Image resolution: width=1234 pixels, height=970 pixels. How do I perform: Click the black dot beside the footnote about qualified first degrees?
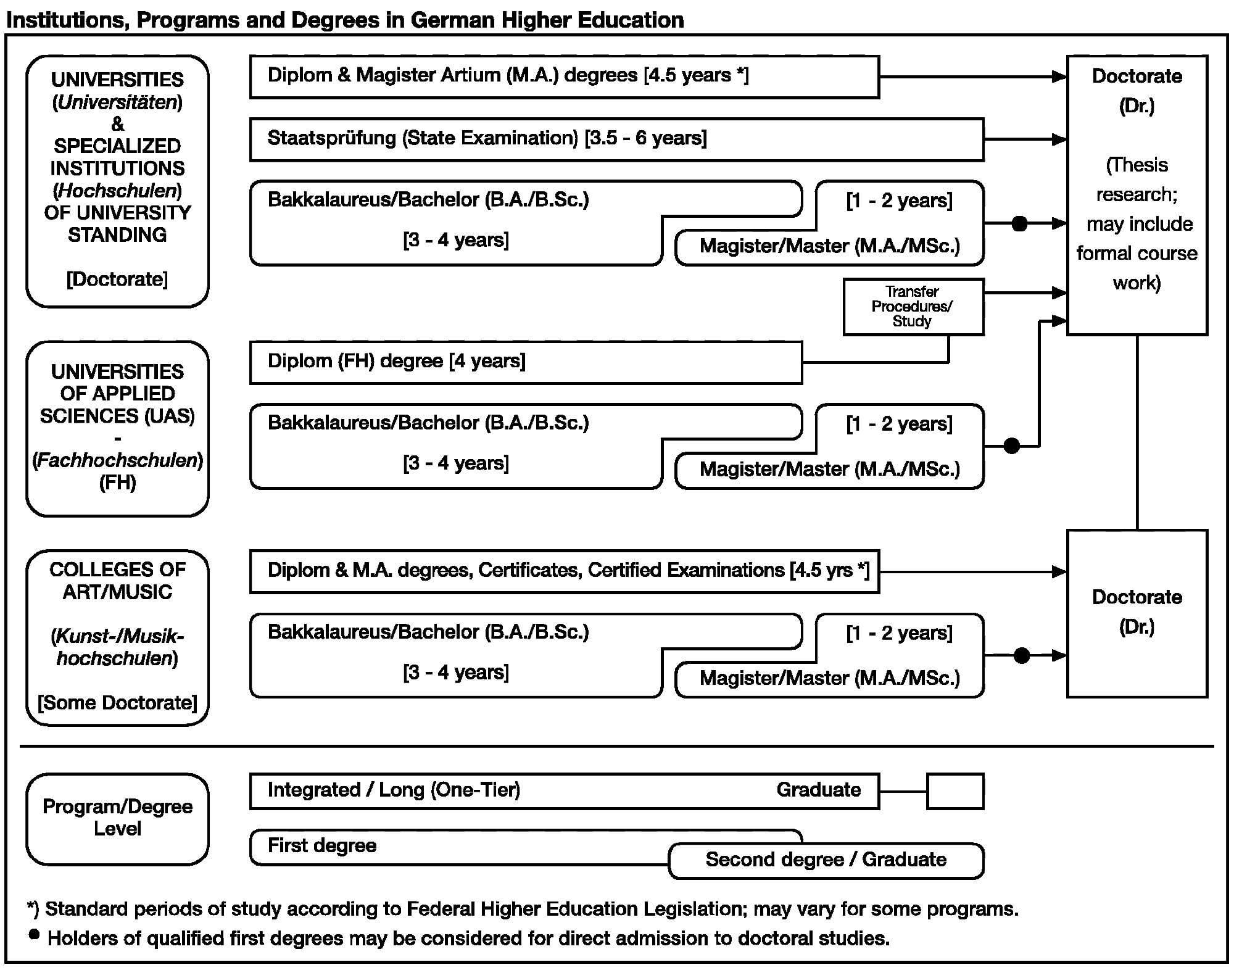tap(35, 935)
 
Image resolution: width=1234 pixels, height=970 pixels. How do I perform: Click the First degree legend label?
tap(322, 845)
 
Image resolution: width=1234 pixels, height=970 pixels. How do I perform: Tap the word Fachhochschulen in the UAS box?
tap(118, 460)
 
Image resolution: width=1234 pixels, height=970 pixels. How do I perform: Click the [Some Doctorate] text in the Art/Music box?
tap(117, 703)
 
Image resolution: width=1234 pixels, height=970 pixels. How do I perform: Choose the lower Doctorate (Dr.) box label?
tap(1137, 612)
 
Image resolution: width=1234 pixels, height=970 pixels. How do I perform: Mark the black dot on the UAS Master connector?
tap(1012, 446)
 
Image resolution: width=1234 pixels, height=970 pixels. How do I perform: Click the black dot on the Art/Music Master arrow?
tap(1022, 655)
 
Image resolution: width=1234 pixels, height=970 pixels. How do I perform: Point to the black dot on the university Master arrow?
tap(1020, 223)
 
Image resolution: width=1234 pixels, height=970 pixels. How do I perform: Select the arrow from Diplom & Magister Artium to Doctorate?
tap(973, 77)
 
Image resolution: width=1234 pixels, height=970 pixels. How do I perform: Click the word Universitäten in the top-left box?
tap(117, 102)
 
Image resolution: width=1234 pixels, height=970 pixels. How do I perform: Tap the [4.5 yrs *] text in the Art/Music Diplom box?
tap(829, 570)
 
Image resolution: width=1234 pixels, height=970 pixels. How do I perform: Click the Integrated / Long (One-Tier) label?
tap(394, 790)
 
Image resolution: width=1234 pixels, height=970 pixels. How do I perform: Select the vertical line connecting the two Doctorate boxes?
tap(1137, 433)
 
